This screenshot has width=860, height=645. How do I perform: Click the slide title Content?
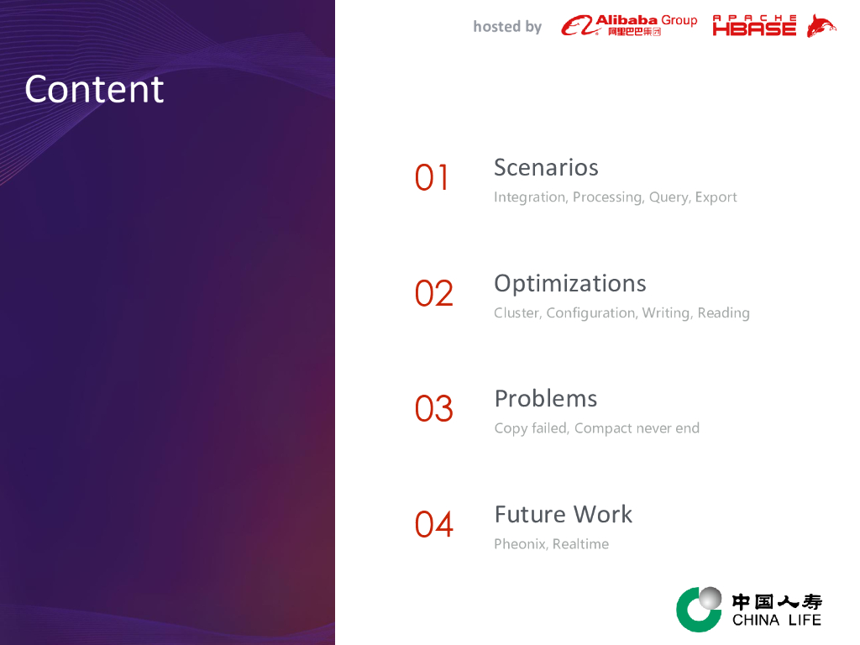tap(94, 89)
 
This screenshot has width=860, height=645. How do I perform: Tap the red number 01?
tap(432, 178)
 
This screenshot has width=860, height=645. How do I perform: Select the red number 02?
tap(434, 293)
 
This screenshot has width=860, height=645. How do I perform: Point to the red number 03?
tap(434, 409)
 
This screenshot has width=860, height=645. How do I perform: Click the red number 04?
tap(434, 524)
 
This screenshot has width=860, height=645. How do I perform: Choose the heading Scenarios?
tap(546, 167)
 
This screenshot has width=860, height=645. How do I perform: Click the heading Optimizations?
tap(570, 284)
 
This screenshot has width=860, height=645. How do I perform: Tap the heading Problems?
tap(546, 399)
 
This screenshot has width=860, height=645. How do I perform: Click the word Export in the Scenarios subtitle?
tap(716, 197)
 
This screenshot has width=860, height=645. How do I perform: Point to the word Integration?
tap(530, 197)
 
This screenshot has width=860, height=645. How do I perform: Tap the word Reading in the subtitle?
tap(723, 313)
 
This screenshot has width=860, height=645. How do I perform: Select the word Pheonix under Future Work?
tap(521, 544)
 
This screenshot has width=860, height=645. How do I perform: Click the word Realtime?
tap(580, 544)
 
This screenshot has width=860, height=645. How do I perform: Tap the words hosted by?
tap(507, 27)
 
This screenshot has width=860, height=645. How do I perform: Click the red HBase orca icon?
tap(821, 26)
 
